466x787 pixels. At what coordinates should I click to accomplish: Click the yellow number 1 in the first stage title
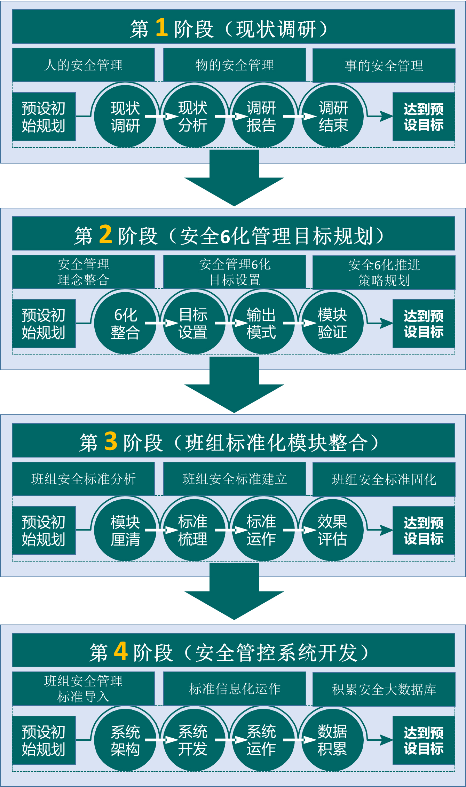[161, 27]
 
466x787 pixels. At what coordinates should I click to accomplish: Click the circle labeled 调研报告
[262, 117]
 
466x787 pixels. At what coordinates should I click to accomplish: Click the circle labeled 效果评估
[332, 530]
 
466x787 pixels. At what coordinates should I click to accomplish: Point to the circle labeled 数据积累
[332, 740]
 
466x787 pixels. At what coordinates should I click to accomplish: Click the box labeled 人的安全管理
[83, 65]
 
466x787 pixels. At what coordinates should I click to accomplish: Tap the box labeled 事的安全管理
[384, 65]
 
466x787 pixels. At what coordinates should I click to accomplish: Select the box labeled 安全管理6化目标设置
[235, 272]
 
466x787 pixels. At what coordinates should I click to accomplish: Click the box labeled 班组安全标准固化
[384, 479]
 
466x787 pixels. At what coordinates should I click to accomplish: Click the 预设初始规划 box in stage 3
[44, 530]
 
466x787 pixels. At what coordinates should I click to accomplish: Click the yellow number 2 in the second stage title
[105, 234]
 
